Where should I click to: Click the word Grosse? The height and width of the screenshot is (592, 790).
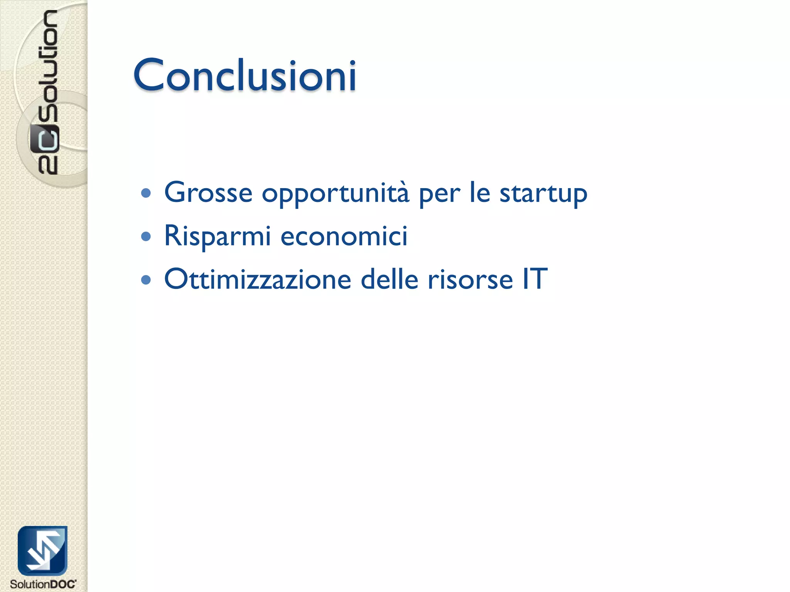tap(208, 192)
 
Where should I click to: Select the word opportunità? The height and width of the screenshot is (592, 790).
tap(335, 194)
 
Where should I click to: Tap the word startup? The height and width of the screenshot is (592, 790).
tap(543, 194)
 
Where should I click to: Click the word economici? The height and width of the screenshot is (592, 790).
tap(344, 236)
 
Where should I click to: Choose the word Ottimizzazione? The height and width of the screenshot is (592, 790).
tap(258, 279)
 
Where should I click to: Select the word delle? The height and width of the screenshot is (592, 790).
tap(389, 279)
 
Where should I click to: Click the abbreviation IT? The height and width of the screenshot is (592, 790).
tap(535, 279)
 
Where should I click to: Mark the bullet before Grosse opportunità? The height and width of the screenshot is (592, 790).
tap(146, 193)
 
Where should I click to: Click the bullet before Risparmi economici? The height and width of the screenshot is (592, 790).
tap(146, 236)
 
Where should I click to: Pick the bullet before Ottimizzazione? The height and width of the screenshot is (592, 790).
tap(146, 279)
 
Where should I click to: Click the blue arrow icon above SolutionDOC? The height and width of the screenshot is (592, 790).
tap(42, 550)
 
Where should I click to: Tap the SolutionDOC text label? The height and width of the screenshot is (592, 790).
tap(43, 584)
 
